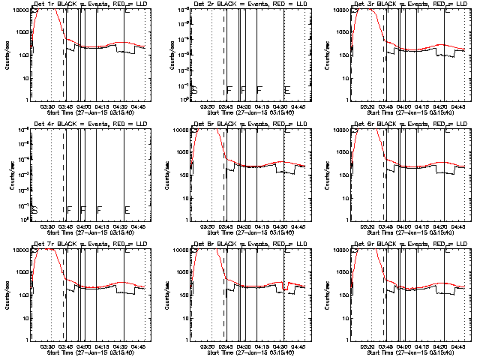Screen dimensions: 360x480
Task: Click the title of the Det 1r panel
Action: coord(88,4)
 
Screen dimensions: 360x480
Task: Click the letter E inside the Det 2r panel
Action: coord(287,90)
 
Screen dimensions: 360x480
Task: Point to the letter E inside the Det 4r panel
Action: coord(127,210)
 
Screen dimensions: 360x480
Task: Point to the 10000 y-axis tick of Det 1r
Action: coord(19,10)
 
